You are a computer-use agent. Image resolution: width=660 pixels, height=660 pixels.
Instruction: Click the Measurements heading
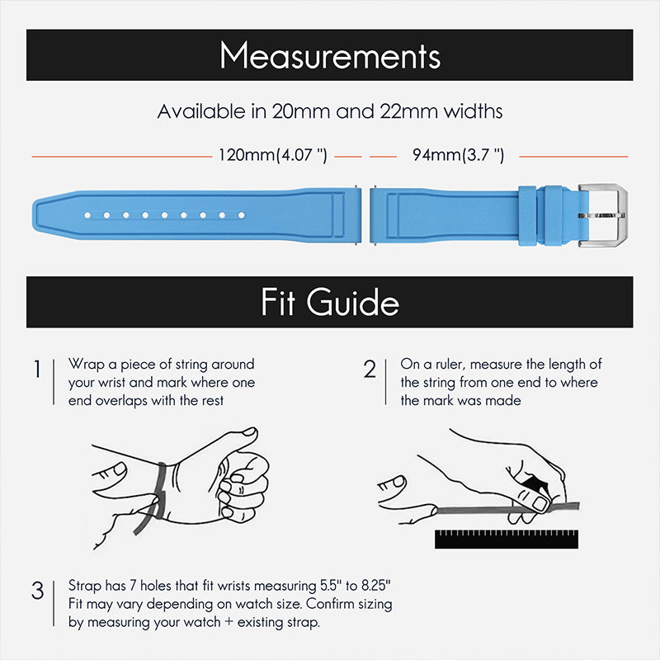click(x=330, y=55)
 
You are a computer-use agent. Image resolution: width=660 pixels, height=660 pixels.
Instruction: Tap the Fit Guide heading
click(x=330, y=302)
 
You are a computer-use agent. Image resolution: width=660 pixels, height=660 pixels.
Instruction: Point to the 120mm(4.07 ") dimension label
click(x=273, y=155)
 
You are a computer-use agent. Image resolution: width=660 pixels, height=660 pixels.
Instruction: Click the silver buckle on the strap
click(x=602, y=215)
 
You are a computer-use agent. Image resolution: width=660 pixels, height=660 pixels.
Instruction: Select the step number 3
click(x=37, y=591)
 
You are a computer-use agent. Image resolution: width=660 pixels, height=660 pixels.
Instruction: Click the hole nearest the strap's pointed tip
click(x=87, y=215)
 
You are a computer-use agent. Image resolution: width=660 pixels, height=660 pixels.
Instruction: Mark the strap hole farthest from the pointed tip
click(x=242, y=215)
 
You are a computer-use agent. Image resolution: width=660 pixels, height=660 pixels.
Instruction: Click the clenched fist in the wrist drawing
click(x=241, y=487)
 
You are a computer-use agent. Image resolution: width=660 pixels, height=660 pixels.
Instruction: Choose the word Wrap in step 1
click(x=84, y=364)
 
